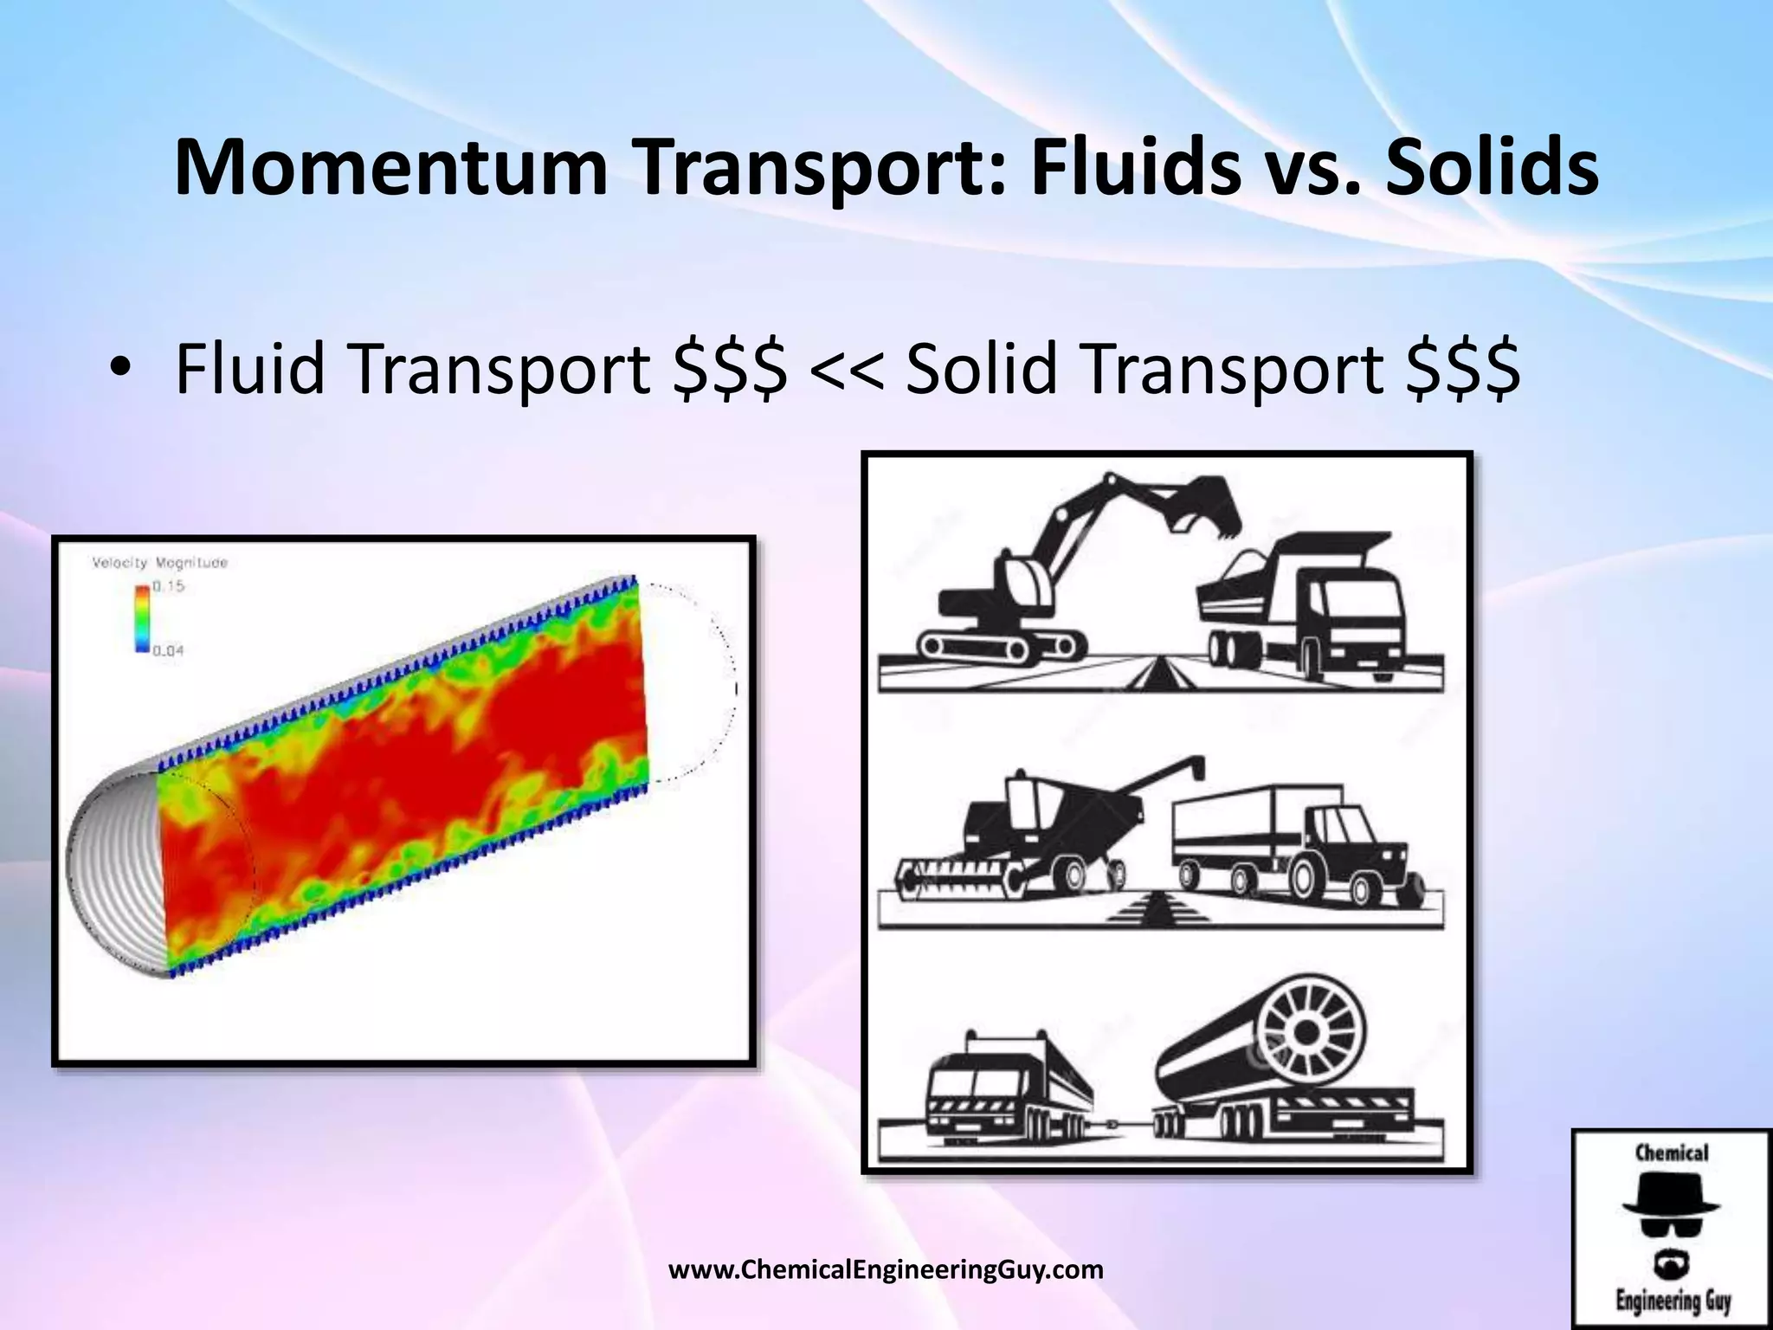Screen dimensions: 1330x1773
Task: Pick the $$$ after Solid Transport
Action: pyautogui.click(x=1462, y=369)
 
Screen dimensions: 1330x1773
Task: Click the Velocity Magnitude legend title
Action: pyautogui.click(x=160, y=563)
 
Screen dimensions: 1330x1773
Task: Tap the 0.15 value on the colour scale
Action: pyautogui.click(x=169, y=586)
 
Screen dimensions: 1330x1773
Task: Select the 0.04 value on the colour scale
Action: pyautogui.click(x=169, y=650)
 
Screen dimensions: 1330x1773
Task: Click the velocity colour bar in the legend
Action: pyautogui.click(x=142, y=618)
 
